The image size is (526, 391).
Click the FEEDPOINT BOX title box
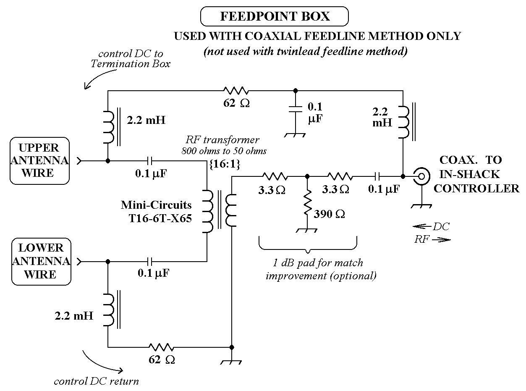(x=275, y=16)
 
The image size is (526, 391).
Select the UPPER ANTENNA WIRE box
(x=39, y=160)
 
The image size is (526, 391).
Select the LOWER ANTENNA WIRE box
(x=41, y=261)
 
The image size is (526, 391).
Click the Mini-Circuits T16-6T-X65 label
(x=156, y=212)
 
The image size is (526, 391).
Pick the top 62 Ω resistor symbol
(x=236, y=90)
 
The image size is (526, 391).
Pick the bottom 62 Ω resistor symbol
(x=161, y=347)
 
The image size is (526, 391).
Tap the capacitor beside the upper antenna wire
(x=150, y=160)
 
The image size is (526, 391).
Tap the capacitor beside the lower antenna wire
(x=150, y=261)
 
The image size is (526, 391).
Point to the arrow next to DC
(x=421, y=227)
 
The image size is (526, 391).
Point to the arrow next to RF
(x=440, y=240)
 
